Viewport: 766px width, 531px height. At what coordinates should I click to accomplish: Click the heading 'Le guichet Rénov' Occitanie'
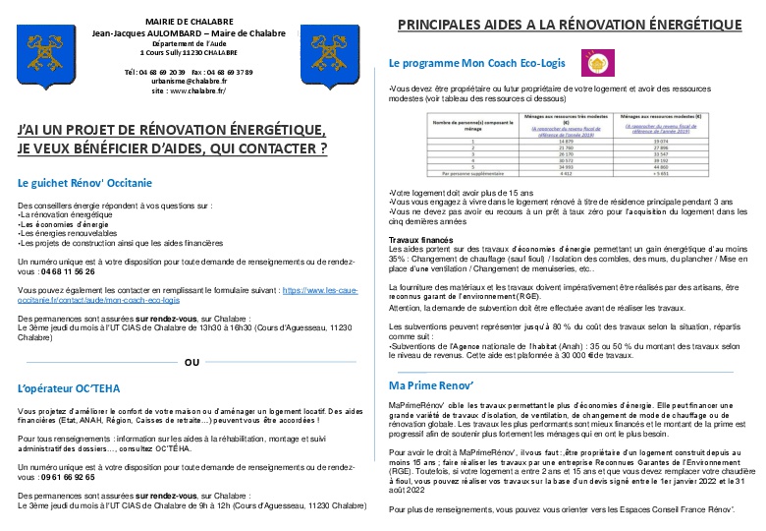click(85, 183)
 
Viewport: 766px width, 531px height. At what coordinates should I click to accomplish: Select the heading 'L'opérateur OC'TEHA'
click(69, 387)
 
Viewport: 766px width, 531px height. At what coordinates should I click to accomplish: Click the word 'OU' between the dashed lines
click(191, 362)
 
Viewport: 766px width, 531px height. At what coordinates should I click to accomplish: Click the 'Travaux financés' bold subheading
click(421, 239)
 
